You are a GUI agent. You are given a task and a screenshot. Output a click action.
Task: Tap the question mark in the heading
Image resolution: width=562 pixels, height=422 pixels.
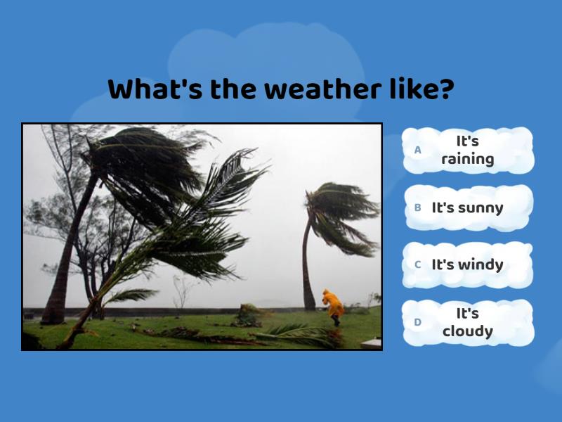446,90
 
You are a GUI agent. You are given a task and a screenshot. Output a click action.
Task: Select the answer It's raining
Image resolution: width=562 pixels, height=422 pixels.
468,150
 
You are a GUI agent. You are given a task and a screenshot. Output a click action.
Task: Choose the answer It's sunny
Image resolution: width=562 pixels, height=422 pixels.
468,207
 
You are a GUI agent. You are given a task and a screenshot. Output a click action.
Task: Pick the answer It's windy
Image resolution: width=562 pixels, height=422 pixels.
468,264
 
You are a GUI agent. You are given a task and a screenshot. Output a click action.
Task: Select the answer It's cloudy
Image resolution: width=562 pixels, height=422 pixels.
468,322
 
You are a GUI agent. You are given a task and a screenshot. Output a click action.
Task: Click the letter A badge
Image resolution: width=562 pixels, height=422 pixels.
418,150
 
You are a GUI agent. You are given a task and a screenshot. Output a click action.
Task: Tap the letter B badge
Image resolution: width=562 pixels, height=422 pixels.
418,207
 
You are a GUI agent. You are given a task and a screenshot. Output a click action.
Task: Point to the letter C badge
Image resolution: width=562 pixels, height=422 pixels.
418,264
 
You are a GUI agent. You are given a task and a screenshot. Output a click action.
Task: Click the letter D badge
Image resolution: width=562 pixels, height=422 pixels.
418,322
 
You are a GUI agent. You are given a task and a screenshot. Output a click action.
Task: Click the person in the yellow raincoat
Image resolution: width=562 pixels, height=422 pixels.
333,304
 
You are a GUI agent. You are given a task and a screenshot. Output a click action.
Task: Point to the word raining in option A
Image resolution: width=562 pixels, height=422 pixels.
468,159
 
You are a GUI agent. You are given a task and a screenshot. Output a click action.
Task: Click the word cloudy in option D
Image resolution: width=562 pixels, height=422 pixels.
468,331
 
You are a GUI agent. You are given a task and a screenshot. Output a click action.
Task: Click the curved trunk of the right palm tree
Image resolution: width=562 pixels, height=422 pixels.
307,267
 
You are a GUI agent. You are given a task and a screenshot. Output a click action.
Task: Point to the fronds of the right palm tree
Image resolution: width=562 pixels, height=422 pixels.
341,211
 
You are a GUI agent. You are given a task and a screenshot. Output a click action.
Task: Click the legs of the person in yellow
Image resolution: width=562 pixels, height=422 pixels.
336,319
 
